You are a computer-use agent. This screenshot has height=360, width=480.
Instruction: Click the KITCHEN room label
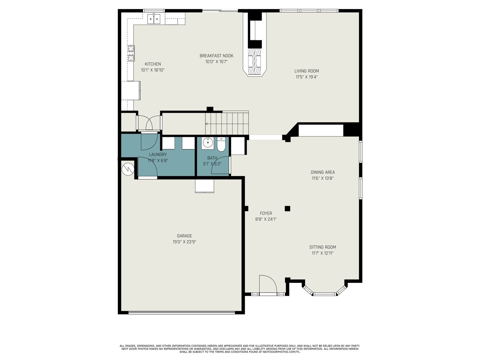(x=153, y=64)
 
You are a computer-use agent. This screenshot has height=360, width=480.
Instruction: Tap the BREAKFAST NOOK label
(x=216, y=56)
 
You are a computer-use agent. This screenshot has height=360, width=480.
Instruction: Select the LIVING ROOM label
(x=306, y=71)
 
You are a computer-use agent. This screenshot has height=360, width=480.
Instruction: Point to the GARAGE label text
(x=184, y=235)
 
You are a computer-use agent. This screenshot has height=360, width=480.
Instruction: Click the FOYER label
(x=266, y=213)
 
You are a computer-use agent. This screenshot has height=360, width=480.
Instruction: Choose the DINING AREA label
(x=322, y=172)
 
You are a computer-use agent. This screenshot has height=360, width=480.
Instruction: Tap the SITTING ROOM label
(x=322, y=247)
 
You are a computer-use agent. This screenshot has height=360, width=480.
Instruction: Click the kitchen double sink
(x=154, y=19)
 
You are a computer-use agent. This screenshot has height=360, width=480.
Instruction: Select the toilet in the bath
(x=221, y=144)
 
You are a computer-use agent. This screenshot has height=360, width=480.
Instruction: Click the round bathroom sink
(x=208, y=143)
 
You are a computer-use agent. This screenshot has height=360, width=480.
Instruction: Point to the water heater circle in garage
(x=128, y=169)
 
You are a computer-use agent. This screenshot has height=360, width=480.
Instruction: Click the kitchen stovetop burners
(x=131, y=53)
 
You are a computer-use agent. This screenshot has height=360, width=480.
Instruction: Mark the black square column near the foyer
(x=287, y=208)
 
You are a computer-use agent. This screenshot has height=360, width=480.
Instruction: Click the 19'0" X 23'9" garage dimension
(x=184, y=242)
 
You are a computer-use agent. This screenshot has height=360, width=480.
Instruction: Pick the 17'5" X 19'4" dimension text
(x=306, y=77)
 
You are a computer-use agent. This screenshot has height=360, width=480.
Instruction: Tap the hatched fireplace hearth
(x=255, y=61)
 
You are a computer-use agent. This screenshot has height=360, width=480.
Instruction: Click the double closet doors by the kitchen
(x=149, y=123)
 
